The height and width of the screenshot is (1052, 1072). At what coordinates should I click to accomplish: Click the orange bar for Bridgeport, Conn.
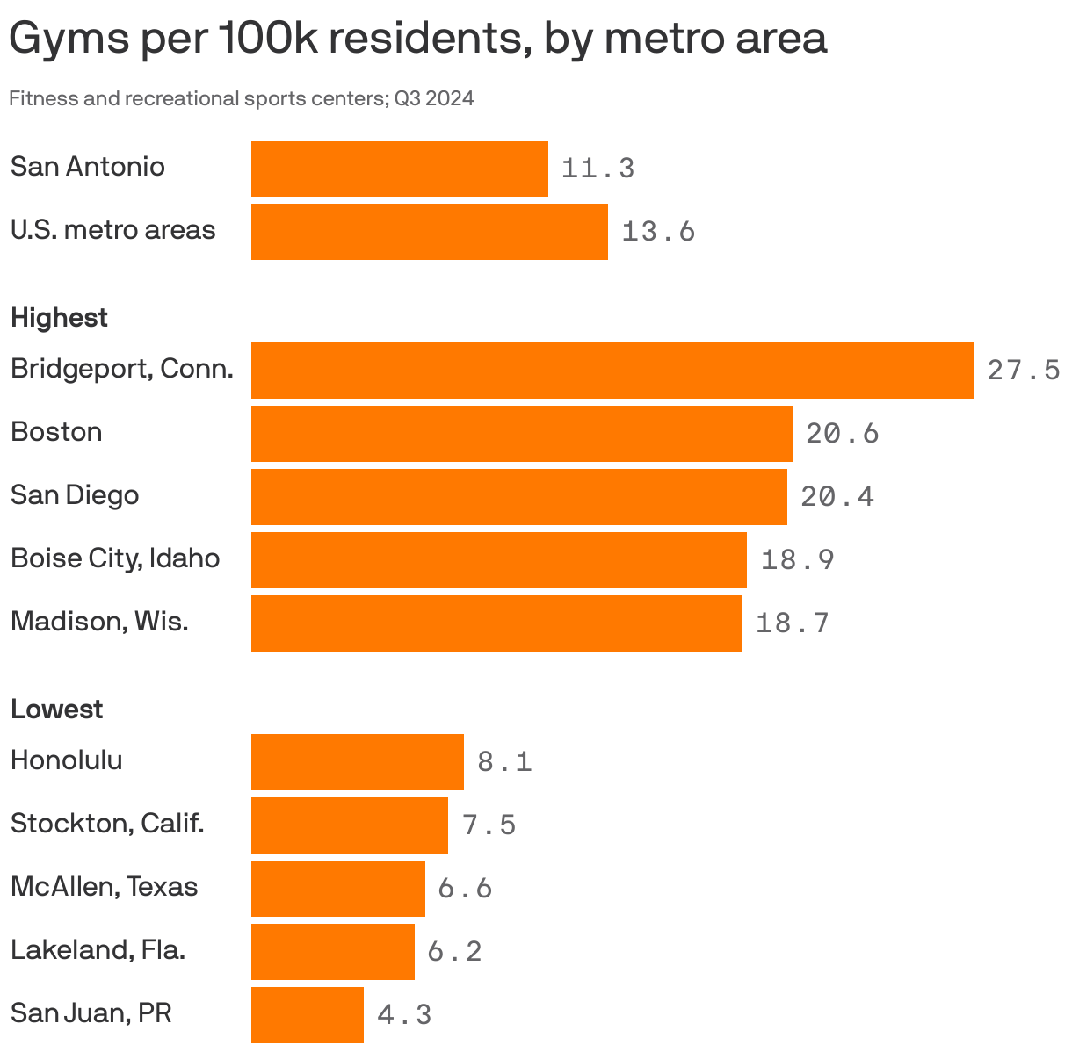(612, 371)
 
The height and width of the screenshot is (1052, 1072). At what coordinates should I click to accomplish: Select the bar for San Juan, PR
(308, 1015)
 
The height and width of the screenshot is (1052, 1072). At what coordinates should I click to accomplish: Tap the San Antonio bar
(399, 169)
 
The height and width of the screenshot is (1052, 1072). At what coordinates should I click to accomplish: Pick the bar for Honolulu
(357, 762)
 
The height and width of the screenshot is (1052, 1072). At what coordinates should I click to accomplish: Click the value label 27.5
(1023, 371)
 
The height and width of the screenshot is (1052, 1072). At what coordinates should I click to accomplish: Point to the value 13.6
(658, 232)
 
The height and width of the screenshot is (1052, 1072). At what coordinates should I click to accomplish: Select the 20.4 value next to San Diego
(837, 497)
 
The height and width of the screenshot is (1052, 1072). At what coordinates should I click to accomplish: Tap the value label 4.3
(404, 1015)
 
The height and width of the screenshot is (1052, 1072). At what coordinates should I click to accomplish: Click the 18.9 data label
(797, 560)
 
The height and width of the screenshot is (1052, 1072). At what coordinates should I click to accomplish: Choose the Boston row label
(56, 432)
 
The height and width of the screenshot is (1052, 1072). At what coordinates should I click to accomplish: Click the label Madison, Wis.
(99, 622)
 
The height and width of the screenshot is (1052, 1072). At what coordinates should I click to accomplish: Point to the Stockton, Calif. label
(107, 824)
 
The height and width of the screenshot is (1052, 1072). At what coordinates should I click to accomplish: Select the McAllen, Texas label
(104, 887)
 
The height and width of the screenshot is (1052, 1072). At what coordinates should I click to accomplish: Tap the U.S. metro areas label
(112, 230)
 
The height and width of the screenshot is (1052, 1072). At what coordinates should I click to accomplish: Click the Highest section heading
(59, 318)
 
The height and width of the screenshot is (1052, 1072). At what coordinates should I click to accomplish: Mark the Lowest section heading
(56, 710)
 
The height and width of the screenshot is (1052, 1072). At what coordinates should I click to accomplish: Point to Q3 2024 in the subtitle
(434, 98)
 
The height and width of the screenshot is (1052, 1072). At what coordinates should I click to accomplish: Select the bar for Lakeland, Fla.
(332, 952)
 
